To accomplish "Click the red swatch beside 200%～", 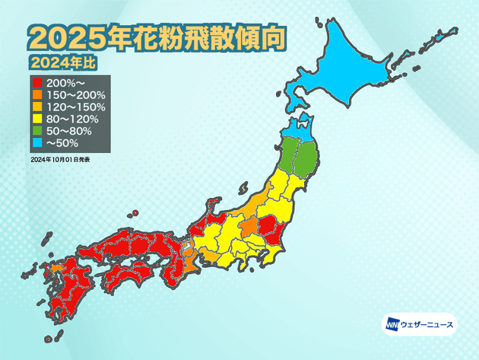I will [x=36, y=81].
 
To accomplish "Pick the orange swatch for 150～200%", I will [x=36, y=94].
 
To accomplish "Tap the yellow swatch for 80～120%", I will [x=36, y=119].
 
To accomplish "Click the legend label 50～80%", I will [x=68, y=132].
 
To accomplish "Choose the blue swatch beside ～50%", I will [x=36, y=145].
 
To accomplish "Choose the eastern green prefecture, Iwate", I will [x=307, y=161].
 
